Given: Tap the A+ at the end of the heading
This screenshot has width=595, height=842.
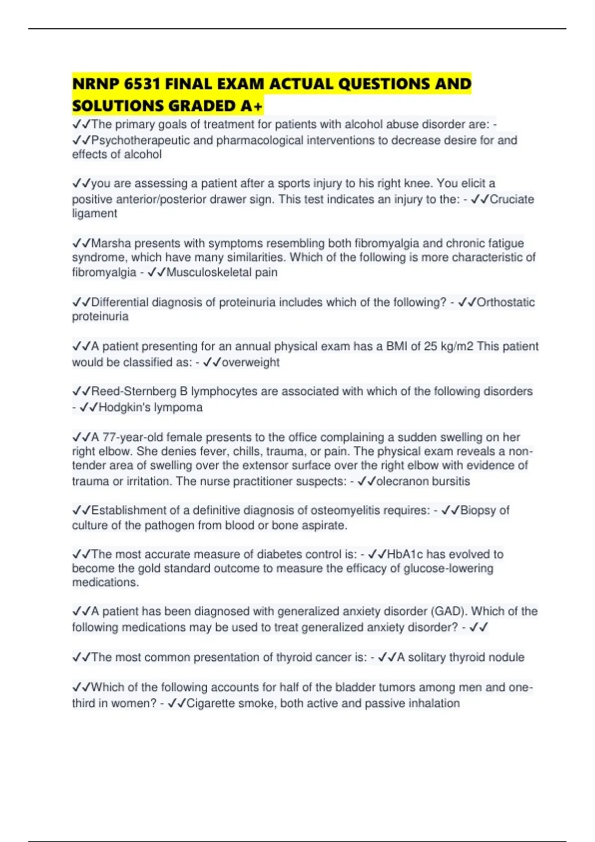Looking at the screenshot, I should point(252,106).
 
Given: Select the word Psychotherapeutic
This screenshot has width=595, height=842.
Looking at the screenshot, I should point(140,141).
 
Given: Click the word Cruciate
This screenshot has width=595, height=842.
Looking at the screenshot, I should point(512,200).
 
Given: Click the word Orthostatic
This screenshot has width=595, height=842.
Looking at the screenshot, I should point(506,302).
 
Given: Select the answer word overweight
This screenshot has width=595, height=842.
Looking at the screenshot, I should point(251,363).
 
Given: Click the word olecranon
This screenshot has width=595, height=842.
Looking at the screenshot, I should point(402,481).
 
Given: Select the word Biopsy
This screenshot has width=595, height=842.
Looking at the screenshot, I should point(477,511).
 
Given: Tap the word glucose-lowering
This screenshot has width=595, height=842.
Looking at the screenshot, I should point(448,569).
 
